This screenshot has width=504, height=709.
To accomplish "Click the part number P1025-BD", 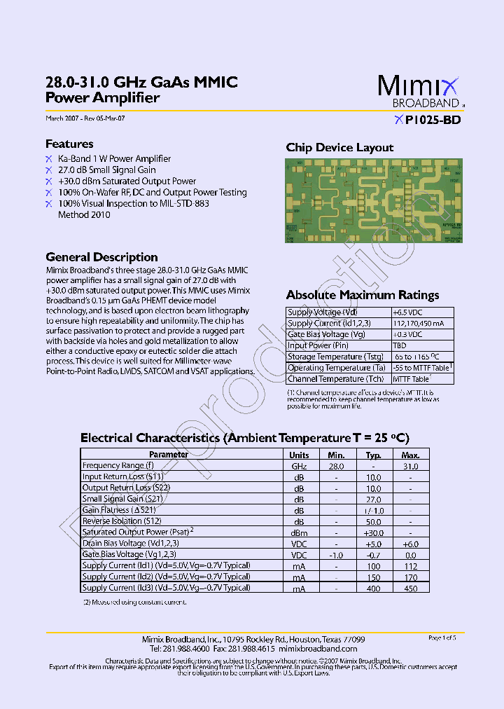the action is click(x=432, y=119).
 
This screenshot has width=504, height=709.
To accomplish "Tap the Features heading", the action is click(x=69, y=144).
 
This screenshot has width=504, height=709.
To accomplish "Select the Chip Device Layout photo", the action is click(x=373, y=200).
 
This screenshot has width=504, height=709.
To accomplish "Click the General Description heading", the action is click(x=101, y=257).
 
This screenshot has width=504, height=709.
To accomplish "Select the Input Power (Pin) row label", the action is click(x=319, y=345).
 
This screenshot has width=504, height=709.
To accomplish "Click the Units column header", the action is click(x=299, y=455).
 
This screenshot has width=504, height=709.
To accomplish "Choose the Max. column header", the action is click(x=411, y=455).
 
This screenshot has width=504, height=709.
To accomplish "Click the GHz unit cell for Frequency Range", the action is click(x=299, y=466).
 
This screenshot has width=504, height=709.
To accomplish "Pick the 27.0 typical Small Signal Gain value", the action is click(x=374, y=500).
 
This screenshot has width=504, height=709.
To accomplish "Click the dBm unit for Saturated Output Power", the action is click(x=299, y=532).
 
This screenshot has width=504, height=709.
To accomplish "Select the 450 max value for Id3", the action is click(x=411, y=588).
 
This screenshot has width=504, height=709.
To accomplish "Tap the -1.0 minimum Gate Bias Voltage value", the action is click(x=336, y=555).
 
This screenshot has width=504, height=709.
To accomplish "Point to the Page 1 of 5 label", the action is click(x=442, y=638).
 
